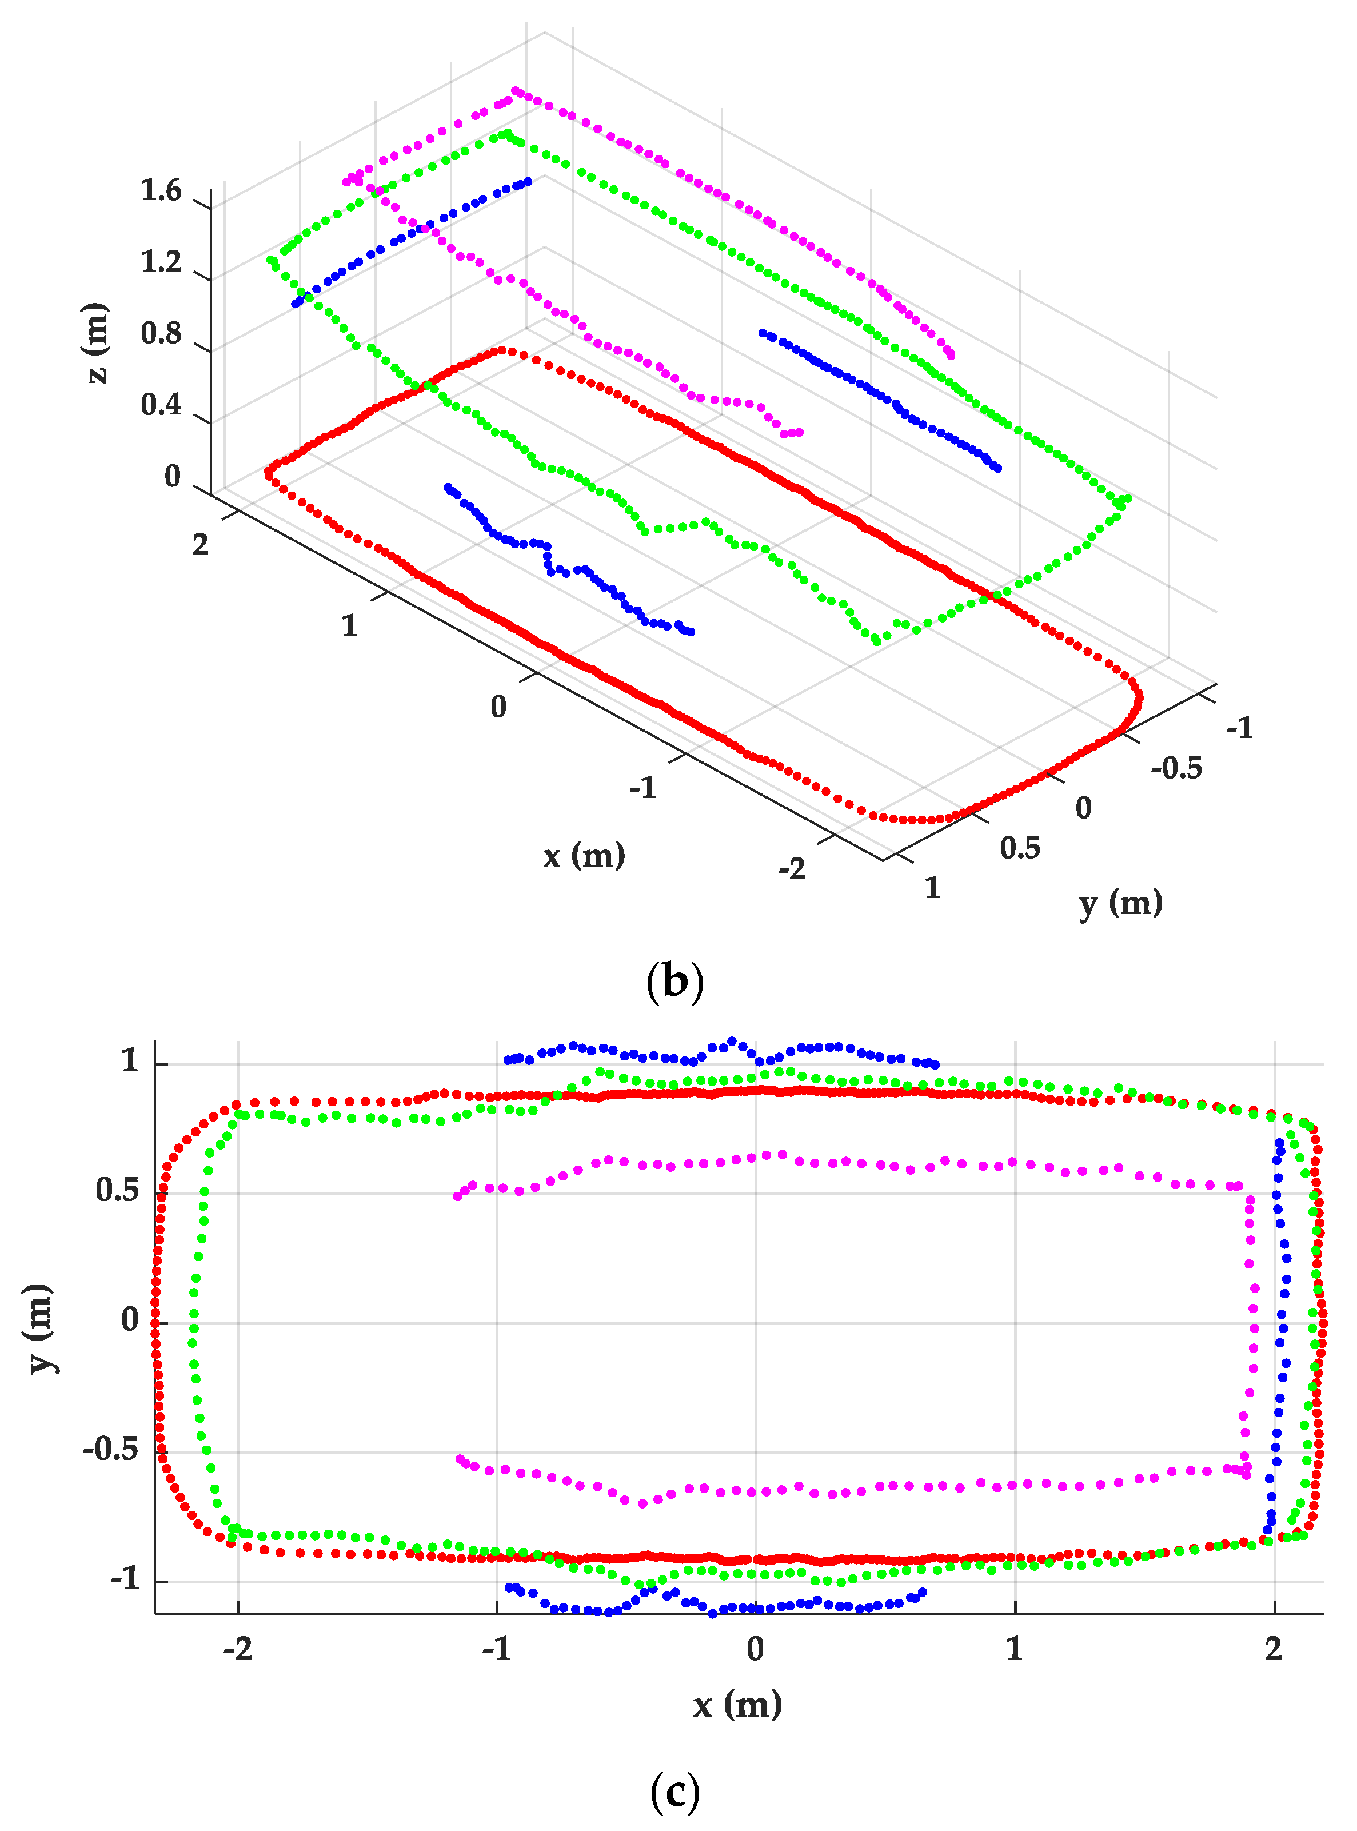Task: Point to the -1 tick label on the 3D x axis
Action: (x=643, y=788)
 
